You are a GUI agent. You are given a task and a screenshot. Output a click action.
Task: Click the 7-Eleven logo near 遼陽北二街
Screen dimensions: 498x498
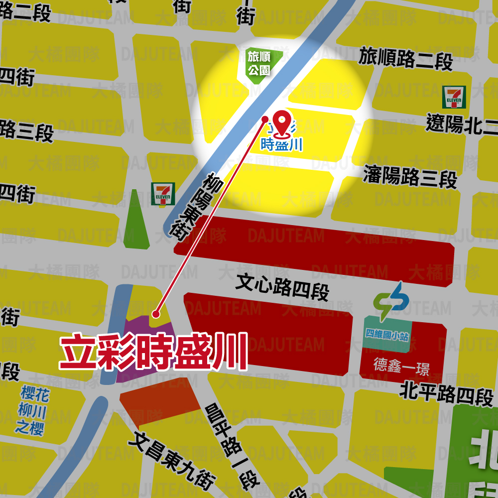454,97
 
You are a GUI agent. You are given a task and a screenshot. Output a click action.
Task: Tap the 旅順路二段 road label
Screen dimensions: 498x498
406,58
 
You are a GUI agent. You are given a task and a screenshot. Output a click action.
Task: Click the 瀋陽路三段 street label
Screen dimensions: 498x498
410,176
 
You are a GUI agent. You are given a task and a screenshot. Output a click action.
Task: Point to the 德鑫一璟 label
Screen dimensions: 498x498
401,367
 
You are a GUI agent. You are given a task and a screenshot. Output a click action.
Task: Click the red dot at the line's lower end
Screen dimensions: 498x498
156,314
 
